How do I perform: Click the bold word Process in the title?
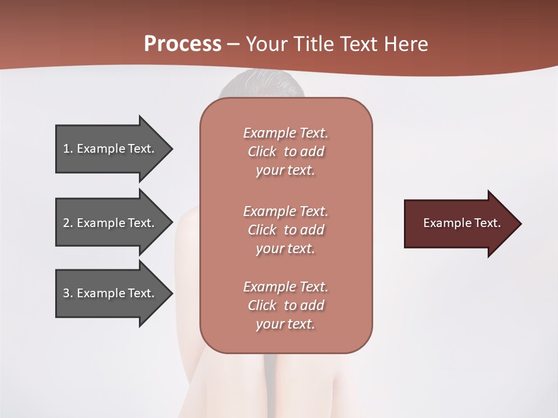point(183,44)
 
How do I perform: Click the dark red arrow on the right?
point(459,224)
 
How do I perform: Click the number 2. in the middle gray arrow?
point(68,223)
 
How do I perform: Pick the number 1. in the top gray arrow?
point(68,149)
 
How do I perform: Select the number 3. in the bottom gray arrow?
point(68,293)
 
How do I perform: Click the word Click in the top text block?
point(262,152)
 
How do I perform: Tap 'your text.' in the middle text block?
point(285,248)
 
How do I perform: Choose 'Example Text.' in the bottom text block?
point(285,287)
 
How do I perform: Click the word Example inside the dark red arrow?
point(445,223)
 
